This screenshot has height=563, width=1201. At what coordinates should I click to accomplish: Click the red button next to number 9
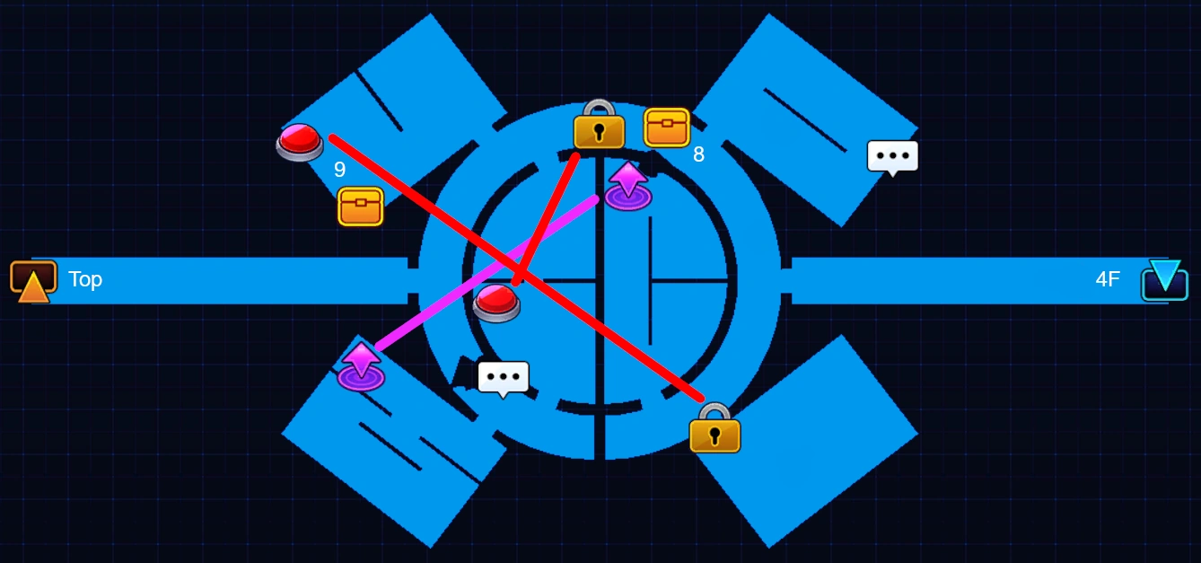[x=299, y=142]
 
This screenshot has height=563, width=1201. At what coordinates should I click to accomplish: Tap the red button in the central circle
[x=496, y=303]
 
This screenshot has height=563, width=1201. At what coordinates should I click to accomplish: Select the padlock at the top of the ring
[x=599, y=126]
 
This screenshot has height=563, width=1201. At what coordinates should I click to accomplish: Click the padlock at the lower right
[x=714, y=428]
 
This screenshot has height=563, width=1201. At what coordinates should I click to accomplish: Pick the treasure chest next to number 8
[x=667, y=128]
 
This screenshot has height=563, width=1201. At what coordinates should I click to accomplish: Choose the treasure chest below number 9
[x=361, y=207]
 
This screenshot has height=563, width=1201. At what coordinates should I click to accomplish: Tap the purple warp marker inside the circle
[x=627, y=187]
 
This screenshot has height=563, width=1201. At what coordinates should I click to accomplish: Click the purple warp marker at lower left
[x=361, y=366]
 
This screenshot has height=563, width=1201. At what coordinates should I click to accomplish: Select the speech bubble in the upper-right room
[x=892, y=157]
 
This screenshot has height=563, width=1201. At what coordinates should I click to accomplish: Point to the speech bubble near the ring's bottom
[x=503, y=378]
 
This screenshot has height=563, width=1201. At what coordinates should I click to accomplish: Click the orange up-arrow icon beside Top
[x=33, y=281]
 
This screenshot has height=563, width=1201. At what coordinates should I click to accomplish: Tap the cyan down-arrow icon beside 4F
[x=1164, y=279]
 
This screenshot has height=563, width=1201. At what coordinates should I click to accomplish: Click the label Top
[x=85, y=279]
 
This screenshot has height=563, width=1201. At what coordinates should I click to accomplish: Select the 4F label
[x=1108, y=279]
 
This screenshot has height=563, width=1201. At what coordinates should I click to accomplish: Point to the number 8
[x=698, y=155]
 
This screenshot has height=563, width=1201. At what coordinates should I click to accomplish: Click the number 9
[x=339, y=170]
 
